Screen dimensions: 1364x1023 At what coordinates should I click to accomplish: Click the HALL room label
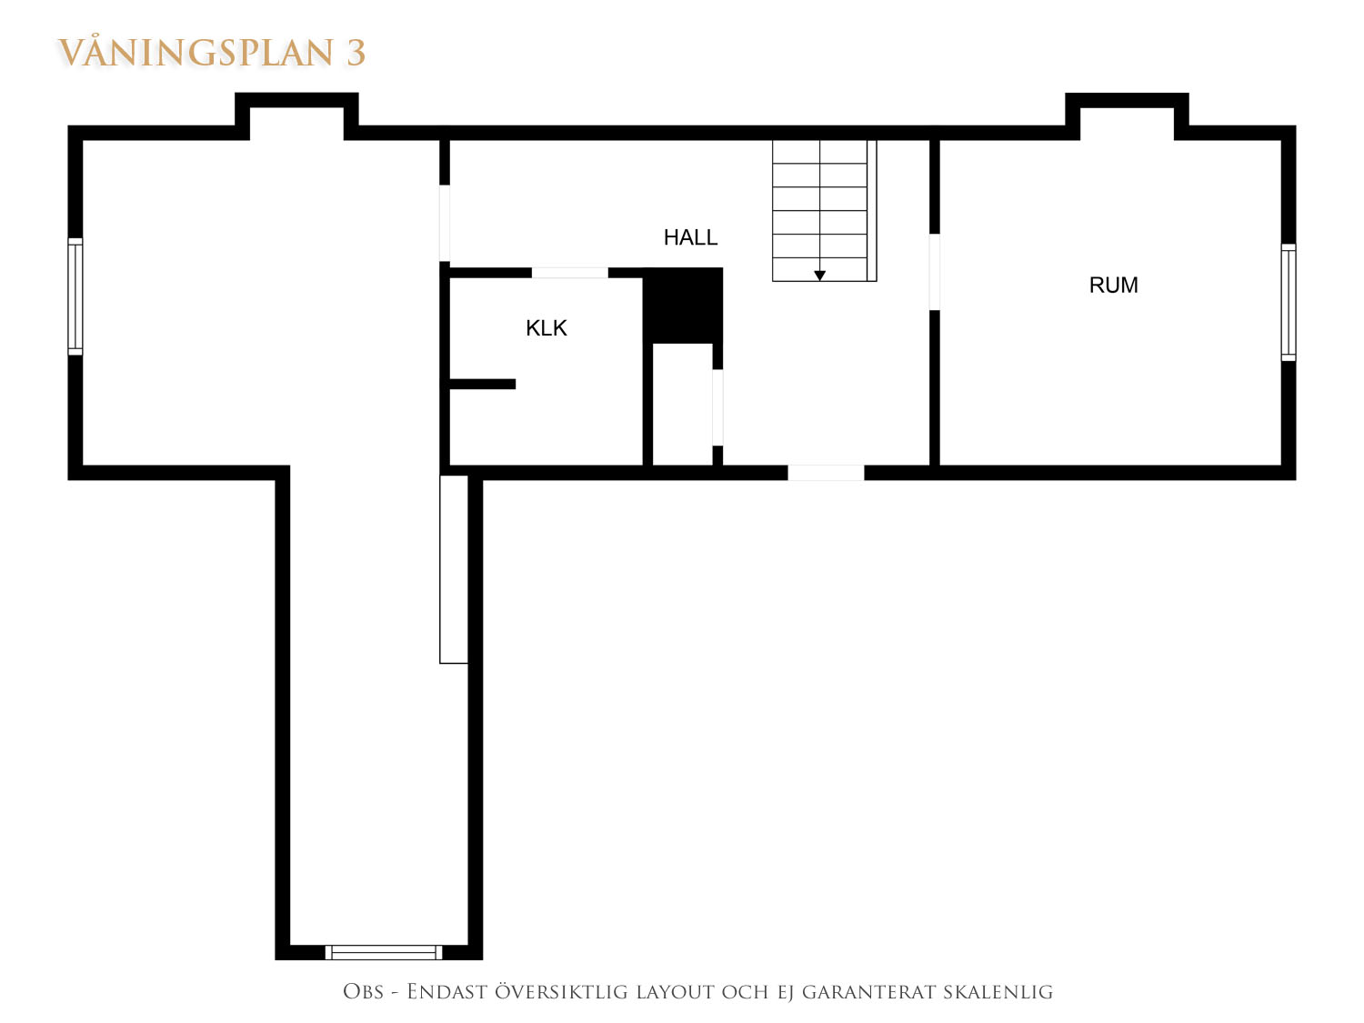tap(690, 237)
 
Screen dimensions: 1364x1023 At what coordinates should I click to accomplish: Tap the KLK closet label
tap(547, 328)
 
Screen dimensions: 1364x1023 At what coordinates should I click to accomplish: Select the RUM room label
tap(1114, 286)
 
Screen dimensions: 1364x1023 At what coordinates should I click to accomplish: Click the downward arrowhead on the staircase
tap(819, 276)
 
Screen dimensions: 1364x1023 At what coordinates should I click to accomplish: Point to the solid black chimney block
tap(682, 305)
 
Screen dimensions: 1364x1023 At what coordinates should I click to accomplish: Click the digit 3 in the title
tap(356, 53)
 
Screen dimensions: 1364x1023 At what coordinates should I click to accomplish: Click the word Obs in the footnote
tap(363, 992)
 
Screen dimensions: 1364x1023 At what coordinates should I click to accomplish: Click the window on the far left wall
tap(75, 297)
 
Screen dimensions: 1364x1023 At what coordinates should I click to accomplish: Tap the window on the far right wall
tap(1289, 303)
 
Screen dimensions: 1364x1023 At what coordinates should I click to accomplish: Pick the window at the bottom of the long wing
tap(384, 952)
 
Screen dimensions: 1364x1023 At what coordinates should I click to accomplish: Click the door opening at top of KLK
tap(570, 273)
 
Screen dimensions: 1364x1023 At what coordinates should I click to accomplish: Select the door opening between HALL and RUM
tap(934, 271)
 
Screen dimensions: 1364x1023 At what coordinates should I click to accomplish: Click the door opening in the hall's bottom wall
tap(826, 472)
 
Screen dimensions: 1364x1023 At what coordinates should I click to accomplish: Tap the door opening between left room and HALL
tap(445, 223)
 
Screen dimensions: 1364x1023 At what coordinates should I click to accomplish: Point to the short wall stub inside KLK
tap(482, 385)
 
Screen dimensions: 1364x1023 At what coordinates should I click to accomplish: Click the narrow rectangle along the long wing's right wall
tap(454, 569)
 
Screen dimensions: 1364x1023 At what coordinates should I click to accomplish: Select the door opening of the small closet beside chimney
tap(717, 407)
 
